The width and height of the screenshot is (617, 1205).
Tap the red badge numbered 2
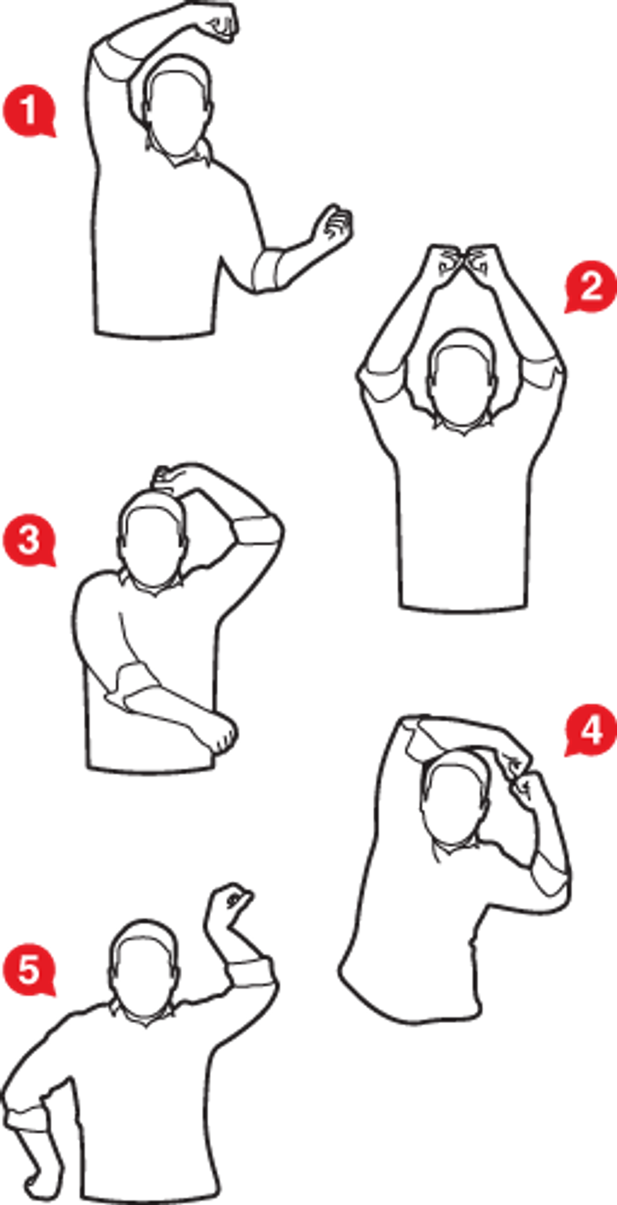[x=590, y=288]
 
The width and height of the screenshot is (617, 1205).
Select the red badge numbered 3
[x=29, y=541]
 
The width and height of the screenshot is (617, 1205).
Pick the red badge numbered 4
[x=590, y=730]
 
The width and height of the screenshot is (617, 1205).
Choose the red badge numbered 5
[x=29, y=970]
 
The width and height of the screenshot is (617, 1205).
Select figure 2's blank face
[x=463, y=381]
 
